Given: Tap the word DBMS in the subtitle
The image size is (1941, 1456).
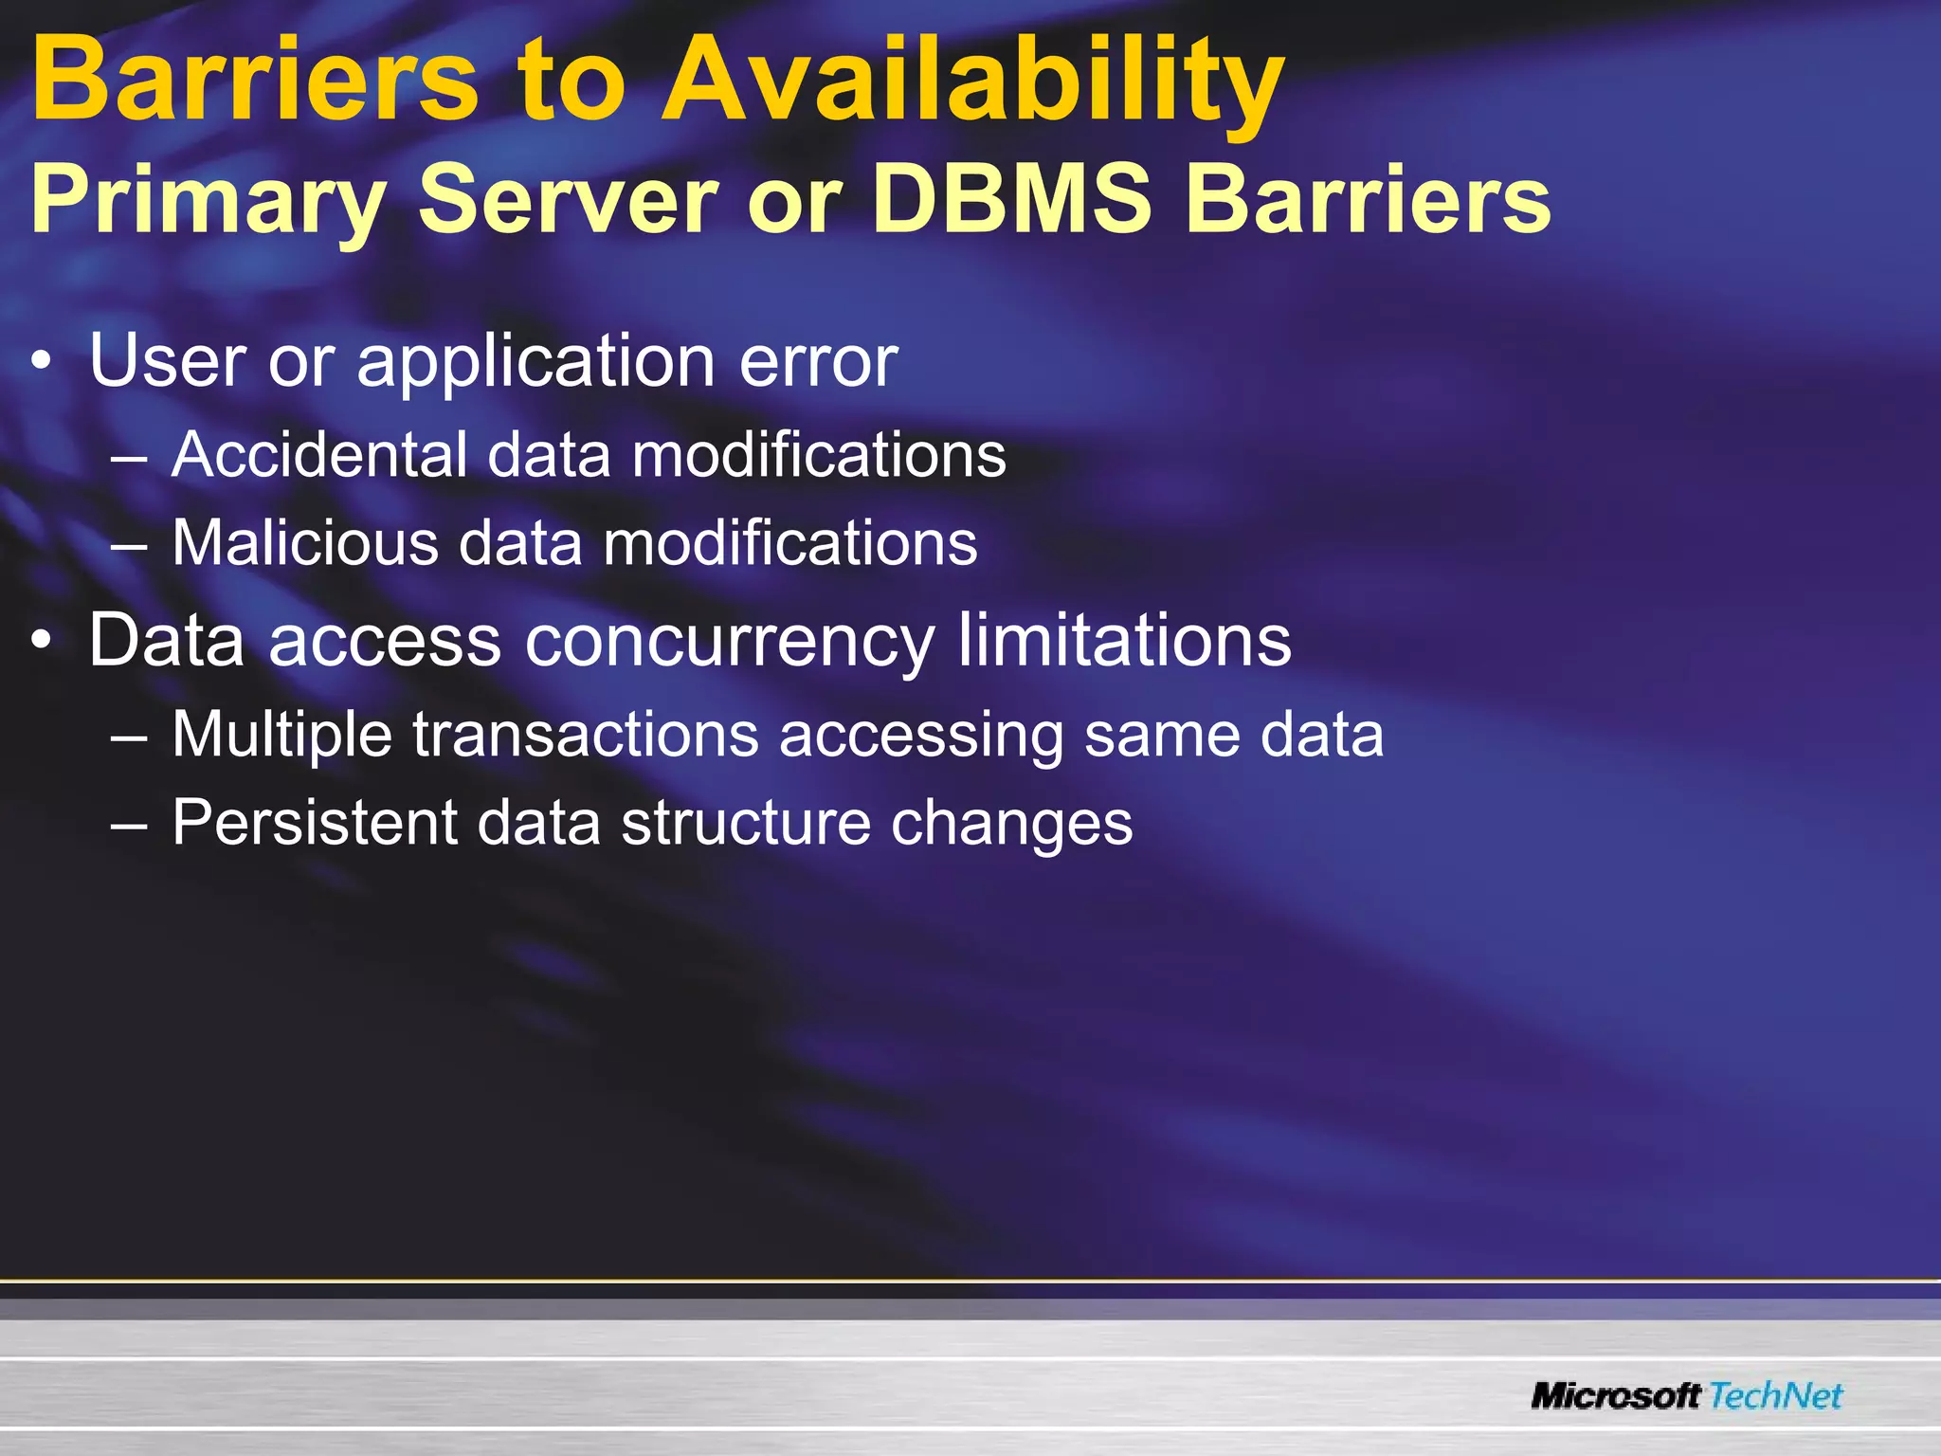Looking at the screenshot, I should coord(1011,200).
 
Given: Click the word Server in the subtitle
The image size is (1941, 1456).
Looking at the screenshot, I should coord(567,200).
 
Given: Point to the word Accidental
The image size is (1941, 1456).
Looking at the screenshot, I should coord(319,455).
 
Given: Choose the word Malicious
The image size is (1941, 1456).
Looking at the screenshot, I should coord(305,543).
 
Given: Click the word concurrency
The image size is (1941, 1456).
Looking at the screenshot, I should coord(730,641).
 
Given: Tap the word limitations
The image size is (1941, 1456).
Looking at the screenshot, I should coord(1124,640).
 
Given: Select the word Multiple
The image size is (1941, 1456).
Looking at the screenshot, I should coord(281,735).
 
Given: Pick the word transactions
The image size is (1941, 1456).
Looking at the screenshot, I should coord(586,735).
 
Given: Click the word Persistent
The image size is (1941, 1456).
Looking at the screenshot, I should coord(314,822).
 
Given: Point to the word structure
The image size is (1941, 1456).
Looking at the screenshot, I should coord(746,822).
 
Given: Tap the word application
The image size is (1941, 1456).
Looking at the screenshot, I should coord(535,362).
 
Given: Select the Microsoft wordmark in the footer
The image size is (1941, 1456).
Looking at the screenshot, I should coord(1616,1396).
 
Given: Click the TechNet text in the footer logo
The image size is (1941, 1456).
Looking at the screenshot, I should coord(1776,1396).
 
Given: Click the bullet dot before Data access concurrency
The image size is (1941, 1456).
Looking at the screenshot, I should coord(41,642).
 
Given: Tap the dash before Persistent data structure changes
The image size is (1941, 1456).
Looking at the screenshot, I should coord(128,823).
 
